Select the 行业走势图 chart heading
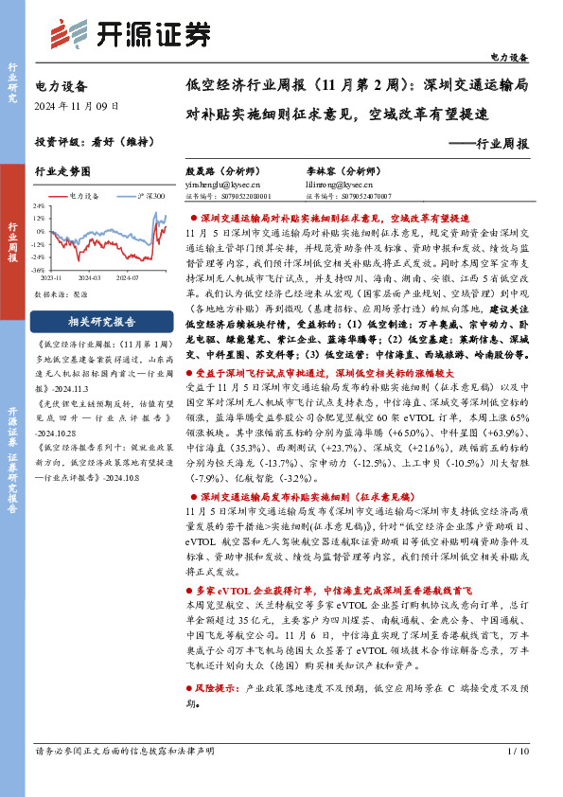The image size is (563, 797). [x=62, y=172]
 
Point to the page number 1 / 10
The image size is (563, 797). [x=518, y=751]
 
